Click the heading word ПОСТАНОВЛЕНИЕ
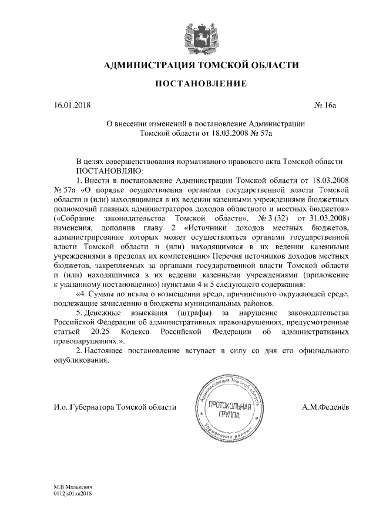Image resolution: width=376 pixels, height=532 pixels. click(x=200, y=84)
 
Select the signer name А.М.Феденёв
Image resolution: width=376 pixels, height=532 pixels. click(x=326, y=407)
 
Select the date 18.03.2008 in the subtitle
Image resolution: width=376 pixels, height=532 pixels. click(x=223, y=134)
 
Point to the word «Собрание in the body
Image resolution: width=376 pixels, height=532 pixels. click(x=74, y=218)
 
